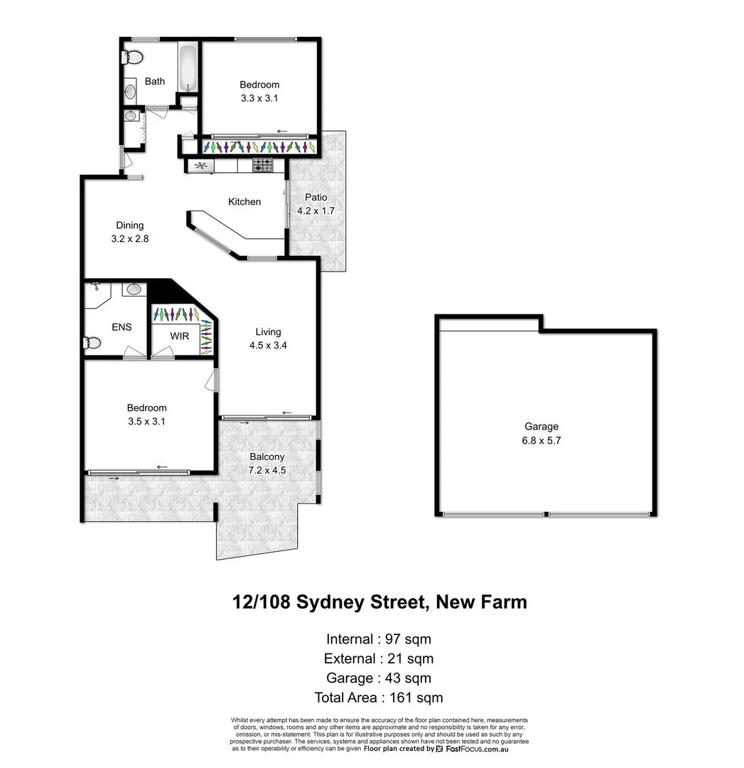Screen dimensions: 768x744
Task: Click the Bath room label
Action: tap(155, 81)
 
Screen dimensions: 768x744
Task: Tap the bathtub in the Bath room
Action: tap(187, 69)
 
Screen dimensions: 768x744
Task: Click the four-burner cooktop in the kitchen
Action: tap(262, 166)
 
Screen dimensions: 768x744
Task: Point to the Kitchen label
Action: tap(244, 202)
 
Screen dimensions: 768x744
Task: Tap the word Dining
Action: tap(129, 225)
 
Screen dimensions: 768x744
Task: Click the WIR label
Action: tap(180, 336)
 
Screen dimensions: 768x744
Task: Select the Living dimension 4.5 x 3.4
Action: tap(268, 345)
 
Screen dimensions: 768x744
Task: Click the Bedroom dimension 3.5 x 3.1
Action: tap(146, 421)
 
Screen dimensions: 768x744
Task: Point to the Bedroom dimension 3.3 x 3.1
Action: tap(259, 98)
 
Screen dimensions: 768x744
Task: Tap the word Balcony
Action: tap(267, 457)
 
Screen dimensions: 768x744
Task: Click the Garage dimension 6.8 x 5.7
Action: tap(541, 440)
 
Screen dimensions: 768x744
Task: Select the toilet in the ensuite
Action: tap(92, 343)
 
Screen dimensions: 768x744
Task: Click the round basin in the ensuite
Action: tap(134, 289)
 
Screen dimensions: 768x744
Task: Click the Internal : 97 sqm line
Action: tap(378, 639)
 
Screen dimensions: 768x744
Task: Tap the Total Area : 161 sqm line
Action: tap(378, 698)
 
